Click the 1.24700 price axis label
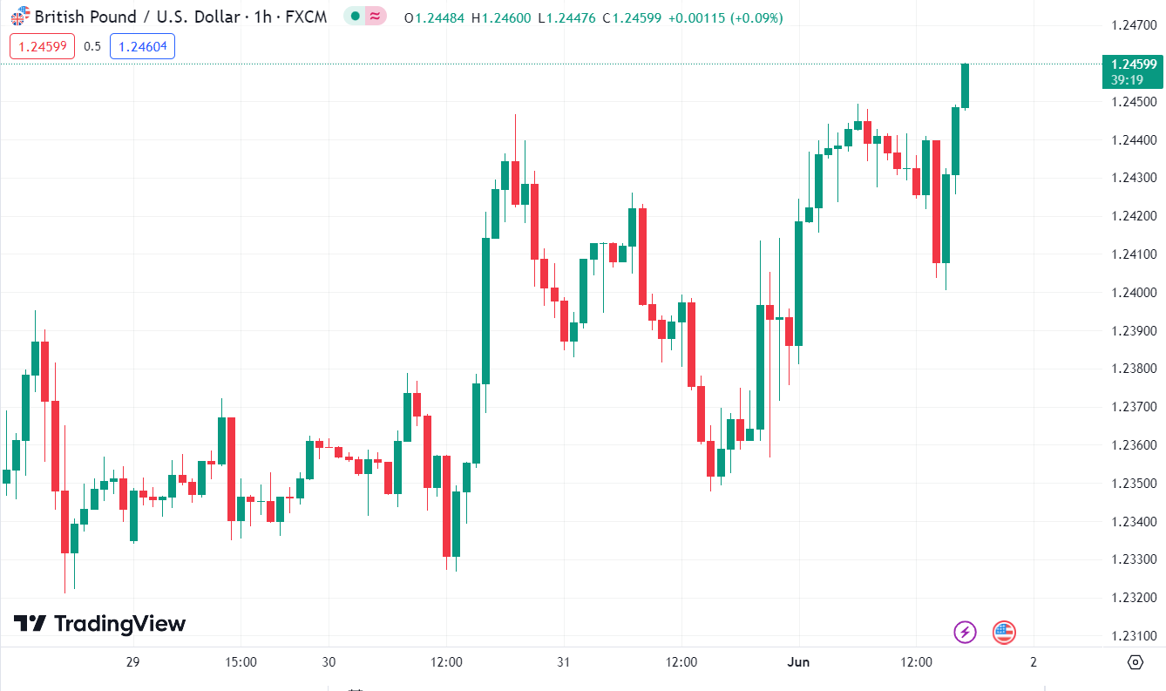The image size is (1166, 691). point(1134,25)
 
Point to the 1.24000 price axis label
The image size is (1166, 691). point(1134,293)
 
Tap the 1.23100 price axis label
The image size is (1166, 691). point(1134,636)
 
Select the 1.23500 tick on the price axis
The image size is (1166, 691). point(1134,484)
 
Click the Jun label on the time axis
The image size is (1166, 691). point(798,662)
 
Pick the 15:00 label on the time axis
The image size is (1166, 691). point(241,662)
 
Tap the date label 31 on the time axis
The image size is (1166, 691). point(564,662)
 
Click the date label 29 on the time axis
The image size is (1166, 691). point(132,662)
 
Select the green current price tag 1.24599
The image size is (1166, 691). point(1132,64)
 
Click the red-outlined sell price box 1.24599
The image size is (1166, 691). point(43,46)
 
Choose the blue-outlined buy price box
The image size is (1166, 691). point(142,46)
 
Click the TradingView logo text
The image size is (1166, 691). point(119,624)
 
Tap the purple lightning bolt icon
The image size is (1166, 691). point(965,632)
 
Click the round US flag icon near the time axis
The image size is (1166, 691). point(1004,632)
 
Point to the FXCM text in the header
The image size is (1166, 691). point(307,17)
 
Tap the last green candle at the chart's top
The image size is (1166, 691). point(965,85)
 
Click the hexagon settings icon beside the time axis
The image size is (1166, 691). point(1135,662)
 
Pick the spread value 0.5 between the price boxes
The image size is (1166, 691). point(92,46)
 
